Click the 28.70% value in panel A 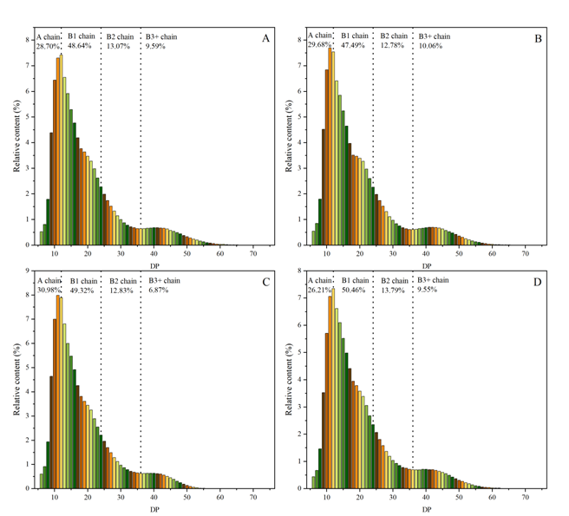pos(47,45)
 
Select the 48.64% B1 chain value pos(82,45)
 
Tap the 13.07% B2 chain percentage pos(119,45)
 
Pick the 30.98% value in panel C pos(48,290)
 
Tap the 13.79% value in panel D pos(392,290)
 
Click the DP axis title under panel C pos(153,507)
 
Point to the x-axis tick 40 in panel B pos(426,252)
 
